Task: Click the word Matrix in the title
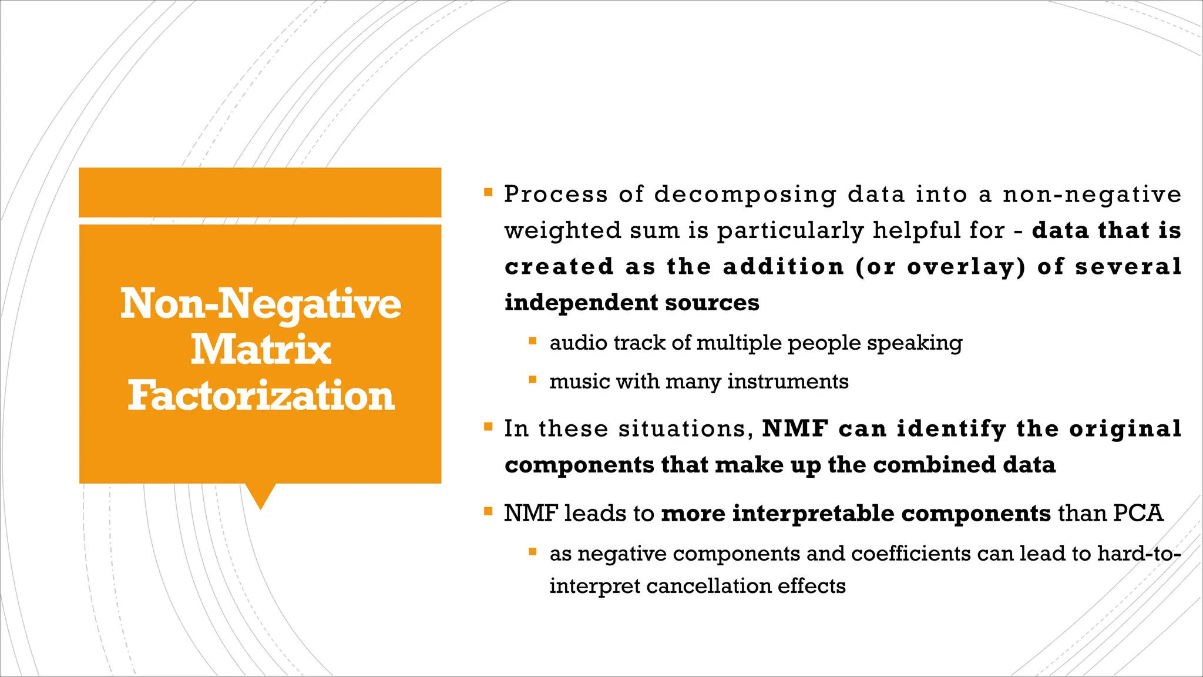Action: [x=261, y=350]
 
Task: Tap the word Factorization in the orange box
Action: [x=261, y=396]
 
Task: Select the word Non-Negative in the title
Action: [x=261, y=304]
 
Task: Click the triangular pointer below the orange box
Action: [x=260, y=495]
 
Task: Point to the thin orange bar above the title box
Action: [x=260, y=192]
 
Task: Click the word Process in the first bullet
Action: [x=556, y=195]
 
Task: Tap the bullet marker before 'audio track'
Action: [x=533, y=341]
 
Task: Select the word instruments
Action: [x=788, y=382]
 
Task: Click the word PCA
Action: [x=1138, y=514]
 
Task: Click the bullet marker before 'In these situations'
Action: [x=488, y=427]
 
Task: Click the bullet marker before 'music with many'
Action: [x=533, y=380]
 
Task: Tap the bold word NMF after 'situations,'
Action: [x=795, y=429]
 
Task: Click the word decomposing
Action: [x=745, y=195]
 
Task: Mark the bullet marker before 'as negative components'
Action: [x=533, y=552]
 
